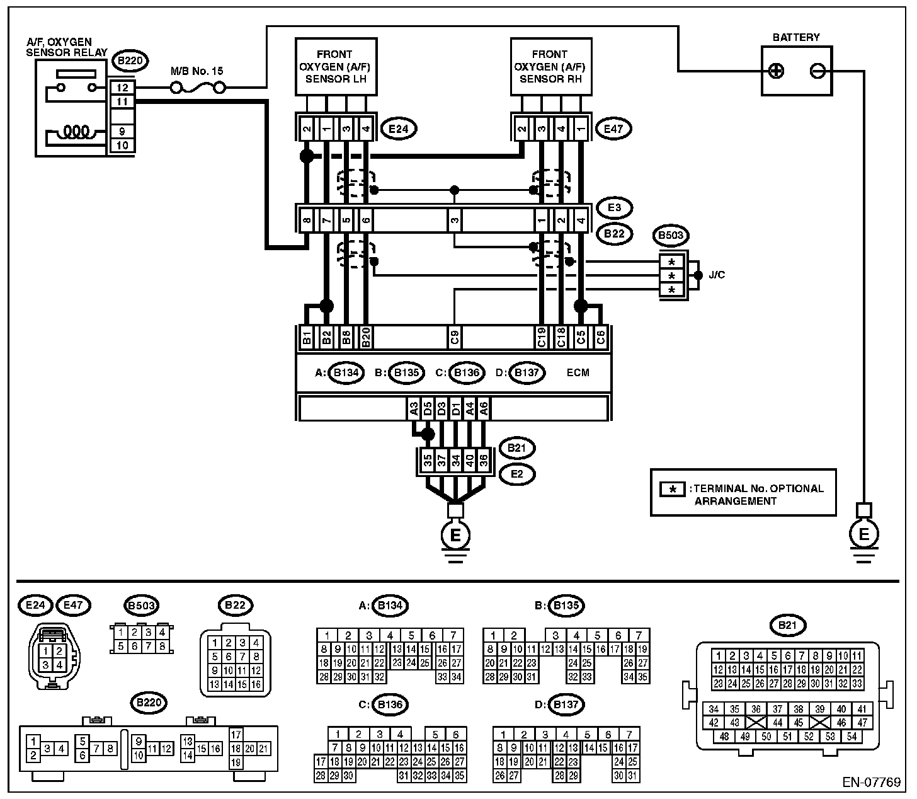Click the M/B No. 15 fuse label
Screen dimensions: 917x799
point(196,71)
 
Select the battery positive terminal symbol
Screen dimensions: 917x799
point(777,71)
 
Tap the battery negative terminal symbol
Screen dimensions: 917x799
point(817,71)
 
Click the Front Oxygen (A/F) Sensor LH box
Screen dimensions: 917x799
point(336,66)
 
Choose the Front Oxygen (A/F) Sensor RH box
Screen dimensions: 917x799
point(551,66)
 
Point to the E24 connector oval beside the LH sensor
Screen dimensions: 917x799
point(399,129)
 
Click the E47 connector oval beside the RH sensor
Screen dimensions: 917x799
point(613,129)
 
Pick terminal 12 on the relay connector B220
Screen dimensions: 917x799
point(122,88)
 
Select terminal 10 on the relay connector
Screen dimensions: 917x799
point(122,146)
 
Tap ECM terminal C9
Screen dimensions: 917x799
point(455,337)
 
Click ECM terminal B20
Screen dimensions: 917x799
point(366,337)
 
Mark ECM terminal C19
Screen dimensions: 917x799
point(541,337)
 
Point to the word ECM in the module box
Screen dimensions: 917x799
point(578,372)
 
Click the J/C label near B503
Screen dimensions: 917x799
point(717,275)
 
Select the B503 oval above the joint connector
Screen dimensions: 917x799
point(671,235)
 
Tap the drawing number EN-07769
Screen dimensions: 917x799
point(871,782)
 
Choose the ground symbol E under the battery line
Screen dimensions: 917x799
point(863,534)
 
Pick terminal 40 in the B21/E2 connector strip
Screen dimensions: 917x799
point(470,461)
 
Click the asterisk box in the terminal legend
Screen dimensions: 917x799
point(672,489)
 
